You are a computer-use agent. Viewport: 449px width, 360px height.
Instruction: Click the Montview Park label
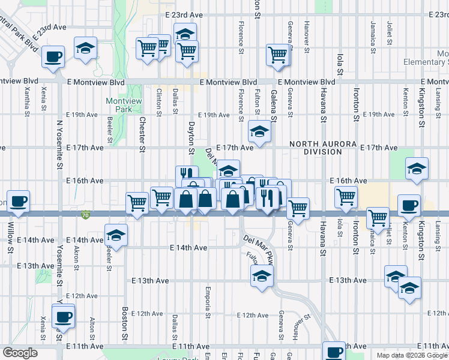119,105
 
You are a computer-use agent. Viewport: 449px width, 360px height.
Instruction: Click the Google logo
20,353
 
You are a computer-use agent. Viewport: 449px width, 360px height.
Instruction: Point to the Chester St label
142,133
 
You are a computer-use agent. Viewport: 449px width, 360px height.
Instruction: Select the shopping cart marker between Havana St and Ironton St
346,196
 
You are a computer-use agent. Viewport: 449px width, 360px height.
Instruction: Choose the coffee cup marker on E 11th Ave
334,352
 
